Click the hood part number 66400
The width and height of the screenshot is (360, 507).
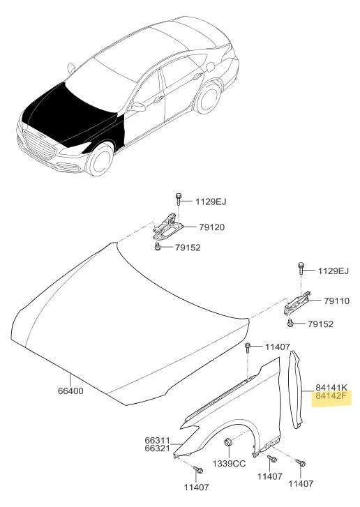click(x=70, y=391)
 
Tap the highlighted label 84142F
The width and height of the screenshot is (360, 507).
click(x=331, y=395)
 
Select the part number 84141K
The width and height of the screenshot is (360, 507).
click(x=331, y=387)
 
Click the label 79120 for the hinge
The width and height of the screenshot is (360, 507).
click(x=211, y=227)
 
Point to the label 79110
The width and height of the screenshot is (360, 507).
click(x=337, y=301)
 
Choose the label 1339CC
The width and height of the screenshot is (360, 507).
click(x=229, y=464)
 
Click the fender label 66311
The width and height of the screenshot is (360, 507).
click(x=157, y=440)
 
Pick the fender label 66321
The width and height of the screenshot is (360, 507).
click(x=157, y=448)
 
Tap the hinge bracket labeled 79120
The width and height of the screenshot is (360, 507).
click(x=167, y=227)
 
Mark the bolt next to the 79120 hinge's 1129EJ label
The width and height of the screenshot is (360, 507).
click(x=178, y=199)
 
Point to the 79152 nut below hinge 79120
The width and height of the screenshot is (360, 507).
click(x=158, y=247)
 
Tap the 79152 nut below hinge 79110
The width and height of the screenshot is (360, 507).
click(x=290, y=322)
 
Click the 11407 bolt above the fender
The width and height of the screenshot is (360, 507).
click(x=248, y=347)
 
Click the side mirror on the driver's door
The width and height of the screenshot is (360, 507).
click(x=138, y=107)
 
